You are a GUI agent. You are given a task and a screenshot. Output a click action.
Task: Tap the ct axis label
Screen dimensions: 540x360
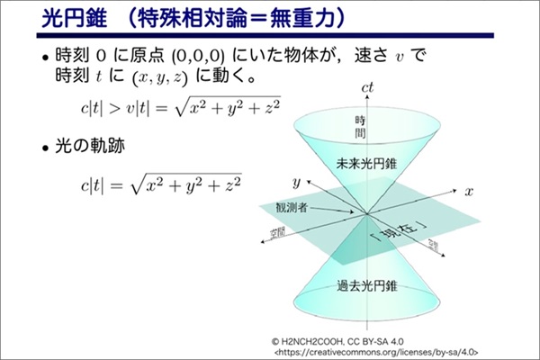pos(367,87)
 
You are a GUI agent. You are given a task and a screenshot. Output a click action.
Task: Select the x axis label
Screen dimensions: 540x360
pos(469,192)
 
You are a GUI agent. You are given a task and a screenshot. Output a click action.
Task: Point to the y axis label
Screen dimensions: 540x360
pos(296,183)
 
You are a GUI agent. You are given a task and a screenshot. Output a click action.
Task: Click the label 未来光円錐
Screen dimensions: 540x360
pos(366,164)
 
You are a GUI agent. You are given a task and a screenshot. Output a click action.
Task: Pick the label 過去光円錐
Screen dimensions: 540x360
pos(367,286)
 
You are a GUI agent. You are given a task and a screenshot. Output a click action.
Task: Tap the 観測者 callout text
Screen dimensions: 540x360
pos(292,207)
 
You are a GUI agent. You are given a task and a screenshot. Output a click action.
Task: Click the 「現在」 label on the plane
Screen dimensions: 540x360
pos(400,233)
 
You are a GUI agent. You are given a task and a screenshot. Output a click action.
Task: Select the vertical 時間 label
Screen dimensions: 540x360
pos(360,127)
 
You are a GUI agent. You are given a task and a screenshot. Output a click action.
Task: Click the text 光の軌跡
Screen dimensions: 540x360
pos(90,146)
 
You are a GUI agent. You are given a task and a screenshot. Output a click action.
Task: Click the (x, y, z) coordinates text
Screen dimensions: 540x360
pos(160,77)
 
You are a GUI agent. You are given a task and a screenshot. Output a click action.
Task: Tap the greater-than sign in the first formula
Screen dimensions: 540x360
pos(114,108)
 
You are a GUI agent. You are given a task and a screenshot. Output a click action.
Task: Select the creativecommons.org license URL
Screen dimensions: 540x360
pos(376,353)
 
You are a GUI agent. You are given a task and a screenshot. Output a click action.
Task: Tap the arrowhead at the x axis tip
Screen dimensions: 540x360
pos(454,190)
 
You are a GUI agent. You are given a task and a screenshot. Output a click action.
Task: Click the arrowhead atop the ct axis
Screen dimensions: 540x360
pos(367,96)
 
